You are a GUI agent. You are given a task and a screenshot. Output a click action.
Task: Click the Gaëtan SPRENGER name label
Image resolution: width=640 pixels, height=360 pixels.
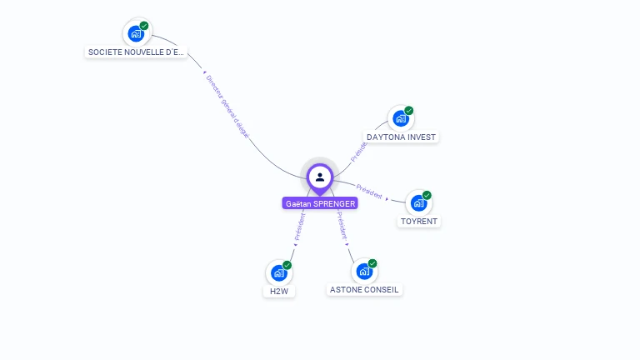pyautogui.click(x=320, y=203)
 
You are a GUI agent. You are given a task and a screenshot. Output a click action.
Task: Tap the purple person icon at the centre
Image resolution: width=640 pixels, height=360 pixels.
pyautogui.click(x=320, y=177)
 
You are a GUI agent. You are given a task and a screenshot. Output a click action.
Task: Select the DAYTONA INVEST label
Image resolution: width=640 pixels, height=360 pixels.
pyautogui.click(x=401, y=137)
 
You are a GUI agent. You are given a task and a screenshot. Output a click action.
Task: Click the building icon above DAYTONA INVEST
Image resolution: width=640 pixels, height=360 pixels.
pyautogui.click(x=401, y=118)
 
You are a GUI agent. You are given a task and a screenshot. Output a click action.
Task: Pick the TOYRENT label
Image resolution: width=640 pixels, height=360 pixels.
pyautogui.click(x=418, y=222)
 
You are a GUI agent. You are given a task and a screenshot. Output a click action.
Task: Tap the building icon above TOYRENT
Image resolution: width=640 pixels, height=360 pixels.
pyautogui.click(x=418, y=202)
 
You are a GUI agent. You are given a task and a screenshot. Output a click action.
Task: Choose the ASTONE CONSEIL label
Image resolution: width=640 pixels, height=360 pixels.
pyautogui.click(x=364, y=290)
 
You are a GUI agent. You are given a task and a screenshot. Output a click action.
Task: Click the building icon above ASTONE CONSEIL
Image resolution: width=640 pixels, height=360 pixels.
pyautogui.click(x=364, y=272)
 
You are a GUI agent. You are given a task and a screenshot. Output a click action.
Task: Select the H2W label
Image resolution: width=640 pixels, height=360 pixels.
pyautogui.click(x=278, y=292)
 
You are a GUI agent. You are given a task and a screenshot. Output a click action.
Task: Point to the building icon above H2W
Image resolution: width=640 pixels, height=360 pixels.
pyautogui.click(x=278, y=272)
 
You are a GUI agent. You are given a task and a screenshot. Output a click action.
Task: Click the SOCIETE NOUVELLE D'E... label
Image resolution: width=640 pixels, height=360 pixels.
pyautogui.click(x=136, y=52)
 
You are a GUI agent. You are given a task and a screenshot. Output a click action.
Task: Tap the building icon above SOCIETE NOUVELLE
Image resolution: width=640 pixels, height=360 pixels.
pyautogui.click(x=136, y=34)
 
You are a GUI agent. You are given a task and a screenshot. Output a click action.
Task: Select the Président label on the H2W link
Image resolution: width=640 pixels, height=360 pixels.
pyautogui.click(x=300, y=227)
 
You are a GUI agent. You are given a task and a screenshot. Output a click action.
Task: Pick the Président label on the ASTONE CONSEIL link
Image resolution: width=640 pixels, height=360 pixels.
pyautogui.click(x=342, y=226)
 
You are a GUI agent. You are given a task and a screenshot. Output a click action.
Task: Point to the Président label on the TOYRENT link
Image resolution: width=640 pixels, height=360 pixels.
pyautogui.click(x=369, y=191)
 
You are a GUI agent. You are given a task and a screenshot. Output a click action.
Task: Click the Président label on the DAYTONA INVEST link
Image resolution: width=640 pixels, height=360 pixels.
pyautogui.click(x=358, y=151)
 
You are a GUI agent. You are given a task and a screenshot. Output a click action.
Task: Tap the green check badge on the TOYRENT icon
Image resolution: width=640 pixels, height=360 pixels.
pyautogui.click(x=427, y=195)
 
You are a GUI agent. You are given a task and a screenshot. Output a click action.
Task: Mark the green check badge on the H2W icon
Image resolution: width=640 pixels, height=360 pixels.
pyautogui.click(x=287, y=265)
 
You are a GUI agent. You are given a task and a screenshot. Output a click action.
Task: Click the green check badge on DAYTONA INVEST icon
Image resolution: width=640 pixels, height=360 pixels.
pyautogui.click(x=409, y=111)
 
